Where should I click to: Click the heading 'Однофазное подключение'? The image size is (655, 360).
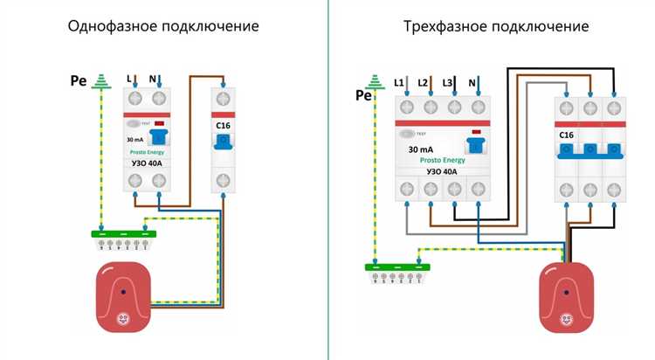click(164, 26)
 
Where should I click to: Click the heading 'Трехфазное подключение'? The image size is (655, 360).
click(496, 26)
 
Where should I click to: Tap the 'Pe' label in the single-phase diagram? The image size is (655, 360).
click(79, 83)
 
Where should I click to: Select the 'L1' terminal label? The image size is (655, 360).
click(400, 82)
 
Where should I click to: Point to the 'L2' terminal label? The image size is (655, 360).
click(424, 82)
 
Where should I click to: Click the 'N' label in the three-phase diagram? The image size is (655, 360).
click(472, 82)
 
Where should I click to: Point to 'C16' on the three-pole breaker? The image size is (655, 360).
click(569, 135)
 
